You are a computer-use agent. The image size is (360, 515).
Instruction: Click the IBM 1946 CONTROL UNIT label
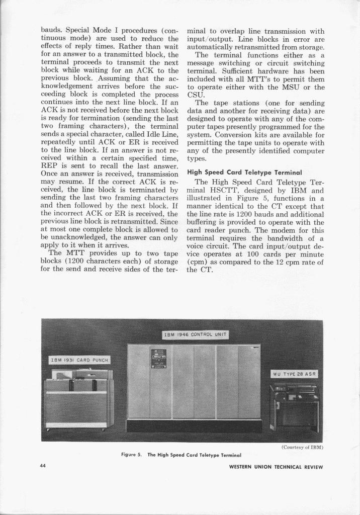[196, 335]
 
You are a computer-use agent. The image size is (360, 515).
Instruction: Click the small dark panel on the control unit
[159, 359]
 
